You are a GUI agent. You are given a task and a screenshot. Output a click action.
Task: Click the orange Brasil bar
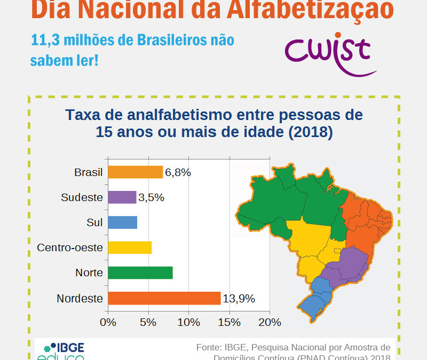135,172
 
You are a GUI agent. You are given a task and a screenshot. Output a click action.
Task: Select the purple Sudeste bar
122,197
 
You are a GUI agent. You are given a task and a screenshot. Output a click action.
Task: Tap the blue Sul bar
122,222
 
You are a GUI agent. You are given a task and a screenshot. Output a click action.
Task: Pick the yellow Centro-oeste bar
130,247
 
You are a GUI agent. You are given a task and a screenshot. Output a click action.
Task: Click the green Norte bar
140,273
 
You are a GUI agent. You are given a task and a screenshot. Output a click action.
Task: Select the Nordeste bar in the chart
164,298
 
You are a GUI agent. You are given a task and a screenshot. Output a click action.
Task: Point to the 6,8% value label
178,172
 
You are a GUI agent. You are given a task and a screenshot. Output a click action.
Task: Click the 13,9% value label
239,299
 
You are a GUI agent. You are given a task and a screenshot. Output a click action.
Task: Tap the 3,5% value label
151,197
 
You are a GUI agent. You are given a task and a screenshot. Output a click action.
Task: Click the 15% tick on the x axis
230,322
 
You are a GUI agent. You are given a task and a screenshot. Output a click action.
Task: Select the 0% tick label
108,322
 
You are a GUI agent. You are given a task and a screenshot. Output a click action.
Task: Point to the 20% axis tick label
270,322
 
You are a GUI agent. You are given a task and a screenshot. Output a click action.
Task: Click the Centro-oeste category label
69,248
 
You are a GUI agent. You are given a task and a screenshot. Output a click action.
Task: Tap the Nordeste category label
80,299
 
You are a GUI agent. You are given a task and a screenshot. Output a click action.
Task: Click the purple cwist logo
328,52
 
